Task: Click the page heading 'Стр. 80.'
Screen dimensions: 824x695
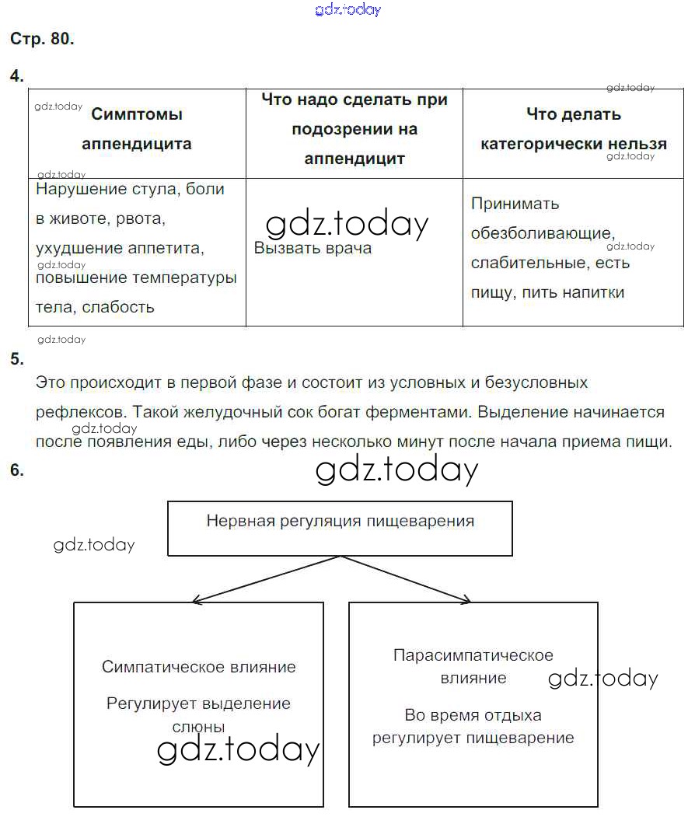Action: point(42,40)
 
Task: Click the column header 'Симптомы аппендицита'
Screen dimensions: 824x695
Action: point(137,129)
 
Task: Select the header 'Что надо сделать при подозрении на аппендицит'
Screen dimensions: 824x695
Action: point(354,129)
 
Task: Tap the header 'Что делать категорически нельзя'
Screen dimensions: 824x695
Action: point(574,129)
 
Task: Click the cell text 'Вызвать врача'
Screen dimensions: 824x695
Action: point(313,249)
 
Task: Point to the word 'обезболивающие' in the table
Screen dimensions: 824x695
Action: point(542,233)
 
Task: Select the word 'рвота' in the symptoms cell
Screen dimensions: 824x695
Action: point(141,219)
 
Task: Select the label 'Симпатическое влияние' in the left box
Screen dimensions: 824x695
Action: point(199,667)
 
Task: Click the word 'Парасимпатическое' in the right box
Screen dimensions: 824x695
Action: point(473,655)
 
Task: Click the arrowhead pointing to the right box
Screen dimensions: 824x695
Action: point(468,600)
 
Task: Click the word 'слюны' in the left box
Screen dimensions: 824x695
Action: point(198,728)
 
